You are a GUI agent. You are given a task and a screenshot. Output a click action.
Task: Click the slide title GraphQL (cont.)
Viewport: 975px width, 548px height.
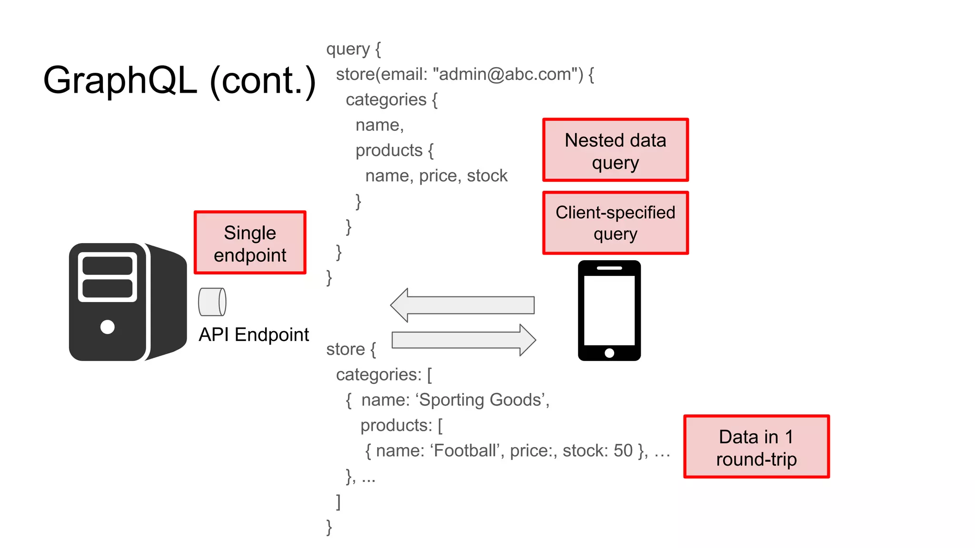[x=179, y=81]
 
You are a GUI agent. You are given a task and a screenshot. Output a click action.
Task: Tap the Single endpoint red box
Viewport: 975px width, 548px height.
[x=250, y=243]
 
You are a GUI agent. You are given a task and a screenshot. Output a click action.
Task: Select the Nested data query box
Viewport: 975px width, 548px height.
[x=615, y=150]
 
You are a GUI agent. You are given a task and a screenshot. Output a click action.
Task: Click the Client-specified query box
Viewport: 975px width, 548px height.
[x=615, y=223]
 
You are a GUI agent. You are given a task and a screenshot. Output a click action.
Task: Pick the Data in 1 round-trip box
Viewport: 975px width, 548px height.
[x=756, y=447]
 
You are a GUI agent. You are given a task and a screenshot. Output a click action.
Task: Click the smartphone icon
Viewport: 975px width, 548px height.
[x=609, y=310]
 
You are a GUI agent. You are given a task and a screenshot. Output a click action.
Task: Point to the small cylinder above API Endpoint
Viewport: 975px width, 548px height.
[x=212, y=302]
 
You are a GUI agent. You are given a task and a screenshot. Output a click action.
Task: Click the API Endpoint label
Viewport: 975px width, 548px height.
[x=254, y=335]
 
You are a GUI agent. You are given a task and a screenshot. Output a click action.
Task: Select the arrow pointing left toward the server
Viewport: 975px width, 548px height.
[x=462, y=305]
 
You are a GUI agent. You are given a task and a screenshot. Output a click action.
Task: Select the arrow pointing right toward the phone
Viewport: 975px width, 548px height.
[x=464, y=340]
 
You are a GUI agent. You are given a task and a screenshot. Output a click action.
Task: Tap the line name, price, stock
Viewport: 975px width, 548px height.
[x=436, y=176]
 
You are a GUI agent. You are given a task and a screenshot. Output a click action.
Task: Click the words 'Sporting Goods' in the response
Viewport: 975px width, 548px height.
[x=481, y=400]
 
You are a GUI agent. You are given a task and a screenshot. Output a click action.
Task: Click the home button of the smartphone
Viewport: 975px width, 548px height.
[x=609, y=353]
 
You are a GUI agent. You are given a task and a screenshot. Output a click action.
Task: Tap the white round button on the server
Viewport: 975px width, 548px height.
[x=108, y=327]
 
